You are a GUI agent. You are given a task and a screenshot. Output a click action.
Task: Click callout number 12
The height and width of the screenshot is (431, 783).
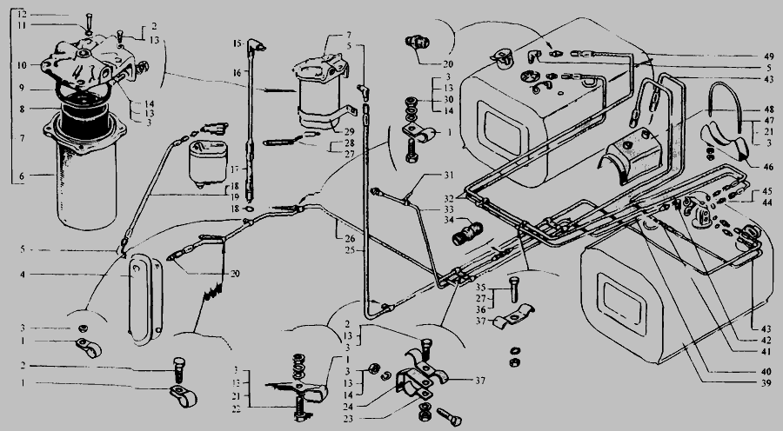[x=23, y=16]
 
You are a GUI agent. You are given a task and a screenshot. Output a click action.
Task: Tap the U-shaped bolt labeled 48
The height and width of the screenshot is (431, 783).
[x=725, y=104]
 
